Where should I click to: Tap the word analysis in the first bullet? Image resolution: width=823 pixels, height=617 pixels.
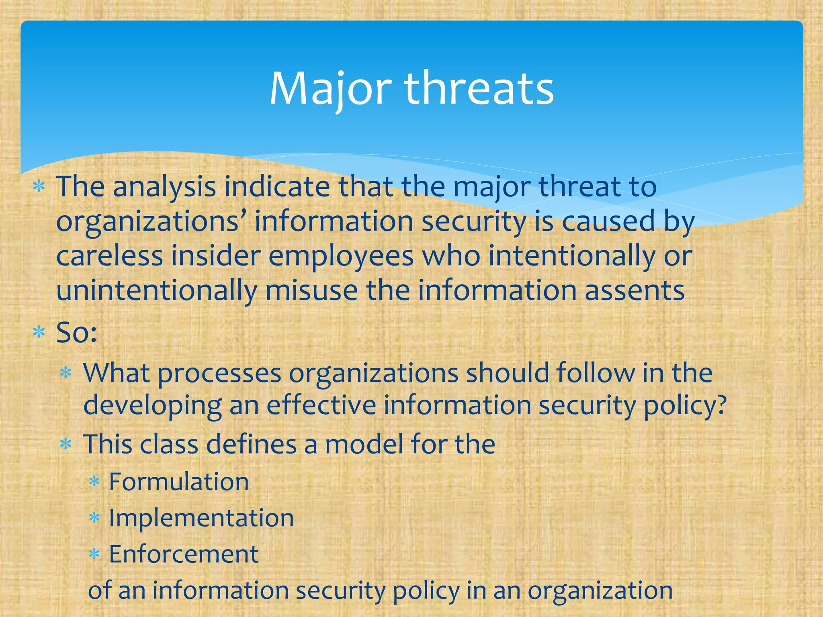[x=164, y=187]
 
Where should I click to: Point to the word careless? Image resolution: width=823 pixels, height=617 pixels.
[x=110, y=256]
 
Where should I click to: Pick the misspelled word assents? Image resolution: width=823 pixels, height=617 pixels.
[x=635, y=291]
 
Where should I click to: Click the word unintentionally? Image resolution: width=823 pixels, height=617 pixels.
[x=156, y=291]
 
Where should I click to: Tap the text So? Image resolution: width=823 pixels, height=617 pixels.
[x=76, y=333]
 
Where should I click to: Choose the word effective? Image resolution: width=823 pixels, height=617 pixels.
[x=321, y=405]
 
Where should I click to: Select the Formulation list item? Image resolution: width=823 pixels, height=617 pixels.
[x=179, y=482]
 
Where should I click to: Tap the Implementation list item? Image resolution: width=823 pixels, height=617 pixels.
[x=201, y=518]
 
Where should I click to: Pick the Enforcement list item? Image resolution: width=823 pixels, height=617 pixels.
[x=184, y=554]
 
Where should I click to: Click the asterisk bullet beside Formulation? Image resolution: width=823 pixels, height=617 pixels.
[x=94, y=482]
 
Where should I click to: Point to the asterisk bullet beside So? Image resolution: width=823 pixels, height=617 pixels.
[x=39, y=333]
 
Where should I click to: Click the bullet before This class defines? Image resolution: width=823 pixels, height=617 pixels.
[x=65, y=445]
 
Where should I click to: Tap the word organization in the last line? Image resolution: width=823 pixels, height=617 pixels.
[x=600, y=590]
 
